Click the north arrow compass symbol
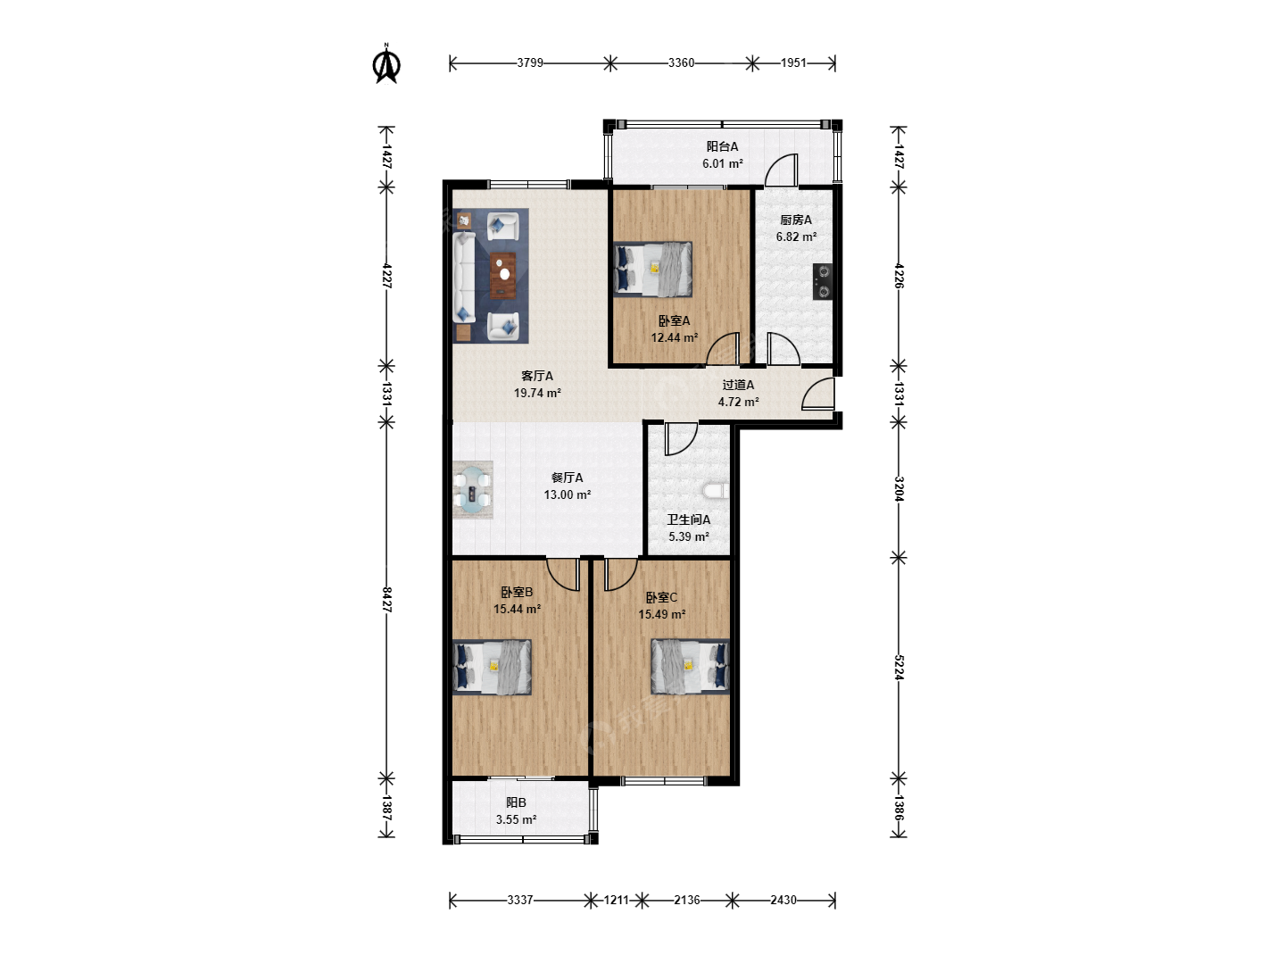tap(386, 64)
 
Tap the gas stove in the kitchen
tap(823, 281)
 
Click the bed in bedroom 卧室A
tap(652, 270)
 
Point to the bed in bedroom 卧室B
tap(493, 667)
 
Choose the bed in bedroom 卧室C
tap(690, 666)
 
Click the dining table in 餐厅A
tap(472, 490)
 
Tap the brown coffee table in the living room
tap(503, 275)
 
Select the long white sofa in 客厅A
tap(465, 277)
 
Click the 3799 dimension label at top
tap(530, 62)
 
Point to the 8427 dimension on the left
tap(386, 599)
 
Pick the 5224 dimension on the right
tap(899, 668)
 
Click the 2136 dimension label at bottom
tap(687, 900)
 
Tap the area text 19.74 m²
tap(537, 393)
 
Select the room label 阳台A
tap(722, 146)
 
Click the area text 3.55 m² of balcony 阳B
tap(516, 819)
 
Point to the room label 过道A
tap(738, 385)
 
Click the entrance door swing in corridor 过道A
tap(818, 393)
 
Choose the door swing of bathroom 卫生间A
tap(681, 439)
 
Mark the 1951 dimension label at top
tap(793, 62)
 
